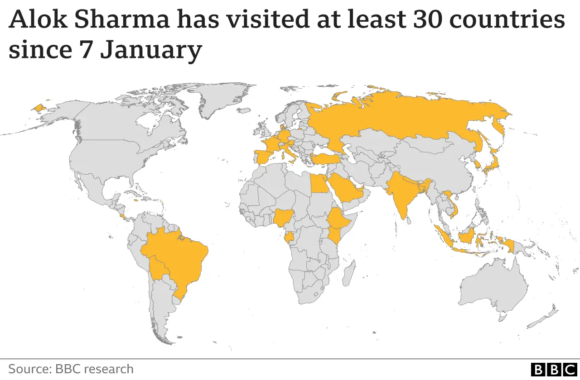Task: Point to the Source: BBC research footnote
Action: (71, 369)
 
